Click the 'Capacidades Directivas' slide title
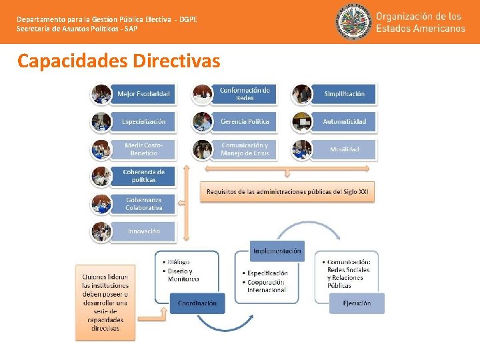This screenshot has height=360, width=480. (x=119, y=61)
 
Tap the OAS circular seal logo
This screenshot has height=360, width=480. (x=353, y=22)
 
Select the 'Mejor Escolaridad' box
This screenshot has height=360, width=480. (x=143, y=94)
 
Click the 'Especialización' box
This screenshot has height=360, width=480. (x=143, y=122)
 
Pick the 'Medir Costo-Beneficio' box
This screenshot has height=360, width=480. (x=143, y=149)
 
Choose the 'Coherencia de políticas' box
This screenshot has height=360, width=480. (x=143, y=177)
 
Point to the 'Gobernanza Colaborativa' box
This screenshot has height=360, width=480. (x=143, y=204)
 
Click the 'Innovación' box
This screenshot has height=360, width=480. (x=143, y=231)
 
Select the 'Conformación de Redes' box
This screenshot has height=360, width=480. (x=245, y=94)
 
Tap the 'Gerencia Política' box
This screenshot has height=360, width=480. (x=245, y=122)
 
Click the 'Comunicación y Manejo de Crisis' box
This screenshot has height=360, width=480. (x=245, y=149)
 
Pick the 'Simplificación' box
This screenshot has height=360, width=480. (x=344, y=94)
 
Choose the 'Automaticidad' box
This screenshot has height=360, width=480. (x=344, y=122)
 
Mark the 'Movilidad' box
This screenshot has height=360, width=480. (x=344, y=149)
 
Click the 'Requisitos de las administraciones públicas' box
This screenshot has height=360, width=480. (x=287, y=191)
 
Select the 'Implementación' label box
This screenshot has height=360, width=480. (x=277, y=251)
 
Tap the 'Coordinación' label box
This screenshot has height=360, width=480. (x=197, y=303)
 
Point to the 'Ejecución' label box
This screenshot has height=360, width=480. (x=357, y=303)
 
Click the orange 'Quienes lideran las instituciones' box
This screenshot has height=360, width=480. (x=105, y=302)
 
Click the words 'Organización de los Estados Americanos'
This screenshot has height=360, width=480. (x=420, y=22)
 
